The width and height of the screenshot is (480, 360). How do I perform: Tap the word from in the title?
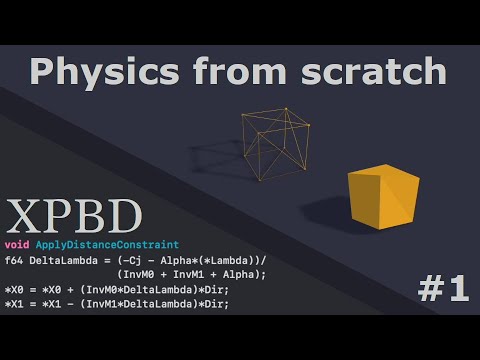[239, 71]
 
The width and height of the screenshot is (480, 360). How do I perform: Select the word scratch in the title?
[373, 71]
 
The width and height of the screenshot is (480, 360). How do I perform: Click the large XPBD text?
[74, 216]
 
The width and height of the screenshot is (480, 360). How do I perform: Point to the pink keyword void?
[17, 245]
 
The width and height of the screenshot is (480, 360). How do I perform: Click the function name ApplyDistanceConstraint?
[107, 245]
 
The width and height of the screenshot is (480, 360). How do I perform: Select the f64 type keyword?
[14, 260]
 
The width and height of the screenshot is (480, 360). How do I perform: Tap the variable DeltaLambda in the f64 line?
[63, 260]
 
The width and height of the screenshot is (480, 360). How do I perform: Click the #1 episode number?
[443, 289]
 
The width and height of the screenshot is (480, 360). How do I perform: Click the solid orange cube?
[383, 197]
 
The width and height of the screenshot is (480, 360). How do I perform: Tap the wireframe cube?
[276, 144]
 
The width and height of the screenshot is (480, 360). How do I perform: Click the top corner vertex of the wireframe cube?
[286, 108]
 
